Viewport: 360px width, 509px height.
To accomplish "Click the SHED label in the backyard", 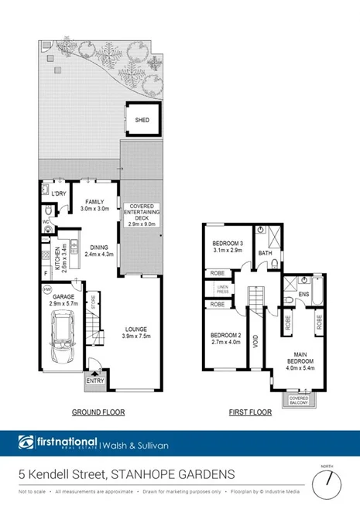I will [142, 121].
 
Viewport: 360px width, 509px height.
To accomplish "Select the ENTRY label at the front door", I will [95, 381].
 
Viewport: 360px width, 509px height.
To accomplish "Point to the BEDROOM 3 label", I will [228, 243].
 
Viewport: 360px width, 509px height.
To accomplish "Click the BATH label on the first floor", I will [264, 253].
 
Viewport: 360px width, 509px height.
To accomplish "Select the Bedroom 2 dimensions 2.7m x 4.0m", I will [227, 340].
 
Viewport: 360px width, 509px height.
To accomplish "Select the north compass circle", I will [327, 483].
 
